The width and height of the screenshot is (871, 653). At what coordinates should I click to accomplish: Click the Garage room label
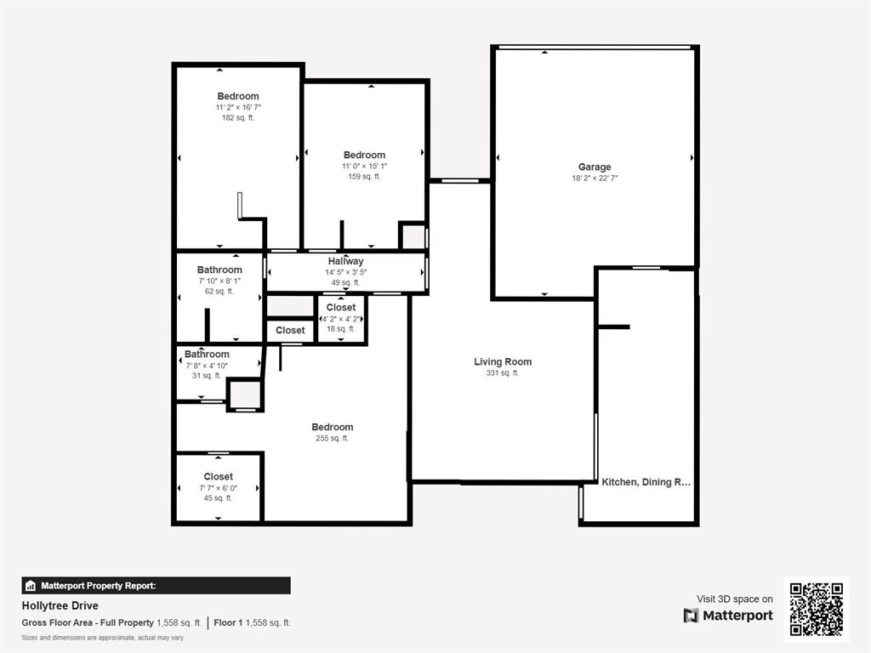coord(595,168)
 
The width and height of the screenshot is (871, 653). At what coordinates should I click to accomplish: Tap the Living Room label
coord(503,362)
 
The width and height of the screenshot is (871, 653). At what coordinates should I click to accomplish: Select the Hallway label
coord(345,261)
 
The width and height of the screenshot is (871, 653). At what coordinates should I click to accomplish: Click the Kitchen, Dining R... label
coord(646,482)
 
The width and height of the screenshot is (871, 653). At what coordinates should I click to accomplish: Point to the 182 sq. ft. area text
coord(238,118)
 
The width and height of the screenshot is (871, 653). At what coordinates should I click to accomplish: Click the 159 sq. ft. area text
coord(364,177)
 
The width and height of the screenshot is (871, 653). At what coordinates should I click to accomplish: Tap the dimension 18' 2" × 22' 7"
coord(595,179)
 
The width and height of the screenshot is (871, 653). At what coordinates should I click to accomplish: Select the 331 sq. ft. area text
coord(503,373)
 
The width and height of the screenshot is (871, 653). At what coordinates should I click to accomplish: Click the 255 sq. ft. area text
coord(332,439)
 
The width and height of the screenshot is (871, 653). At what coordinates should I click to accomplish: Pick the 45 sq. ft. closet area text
coord(218,498)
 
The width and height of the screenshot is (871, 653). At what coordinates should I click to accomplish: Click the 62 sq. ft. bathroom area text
coord(219,292)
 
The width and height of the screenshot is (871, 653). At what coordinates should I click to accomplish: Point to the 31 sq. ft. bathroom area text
coord(207,375)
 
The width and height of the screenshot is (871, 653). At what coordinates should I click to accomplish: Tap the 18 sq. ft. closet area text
coord(341,329)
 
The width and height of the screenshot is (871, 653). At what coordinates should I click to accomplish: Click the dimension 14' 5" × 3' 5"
coord(345,272)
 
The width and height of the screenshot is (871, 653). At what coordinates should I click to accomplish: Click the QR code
coord(816,609)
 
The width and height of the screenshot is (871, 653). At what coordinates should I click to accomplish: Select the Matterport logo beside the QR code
coord(728,616)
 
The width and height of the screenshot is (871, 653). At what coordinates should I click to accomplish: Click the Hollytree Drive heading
coord(60,606)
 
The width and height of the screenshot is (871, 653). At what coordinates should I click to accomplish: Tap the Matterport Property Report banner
coord(156,586)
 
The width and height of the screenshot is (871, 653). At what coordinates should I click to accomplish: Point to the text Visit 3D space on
coord(735,599)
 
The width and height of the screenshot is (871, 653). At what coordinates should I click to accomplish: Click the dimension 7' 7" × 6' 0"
coord(218,488)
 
